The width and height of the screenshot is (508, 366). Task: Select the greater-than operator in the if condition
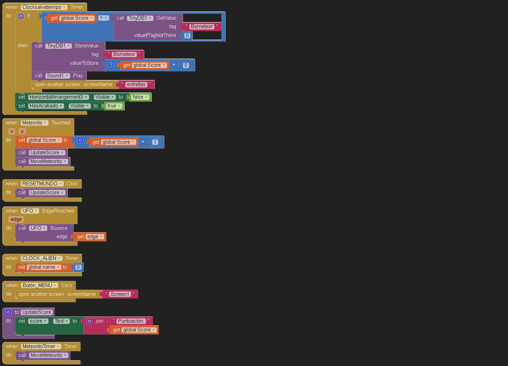pos(103,18)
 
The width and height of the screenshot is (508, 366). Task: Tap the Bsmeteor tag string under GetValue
pos(202,26)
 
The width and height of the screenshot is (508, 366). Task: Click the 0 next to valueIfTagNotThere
pos(187,35)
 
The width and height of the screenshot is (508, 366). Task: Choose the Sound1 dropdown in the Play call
pos(58,76)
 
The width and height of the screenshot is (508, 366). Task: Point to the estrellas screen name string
pos(136,84)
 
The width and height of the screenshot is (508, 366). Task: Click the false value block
pos(140,97)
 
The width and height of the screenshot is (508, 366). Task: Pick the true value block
pos(114,106)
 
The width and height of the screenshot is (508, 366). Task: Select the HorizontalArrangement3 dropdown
pos(58,97)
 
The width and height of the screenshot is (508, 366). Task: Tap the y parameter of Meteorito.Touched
pos(22,131)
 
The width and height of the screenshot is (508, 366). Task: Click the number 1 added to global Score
pos(155,142)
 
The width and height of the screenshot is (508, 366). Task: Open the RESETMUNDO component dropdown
pos(42,184)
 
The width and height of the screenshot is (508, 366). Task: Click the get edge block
pos(90,237)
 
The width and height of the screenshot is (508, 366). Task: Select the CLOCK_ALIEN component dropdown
pos(41,258)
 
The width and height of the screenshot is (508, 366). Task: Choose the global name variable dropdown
pos(44,267)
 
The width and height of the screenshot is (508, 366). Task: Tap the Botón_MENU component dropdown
pos(39,285)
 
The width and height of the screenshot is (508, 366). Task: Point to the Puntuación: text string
pos(131,321)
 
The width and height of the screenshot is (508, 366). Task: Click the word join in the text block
pos(99,321)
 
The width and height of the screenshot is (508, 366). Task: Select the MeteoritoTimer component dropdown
pos(41,346)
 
